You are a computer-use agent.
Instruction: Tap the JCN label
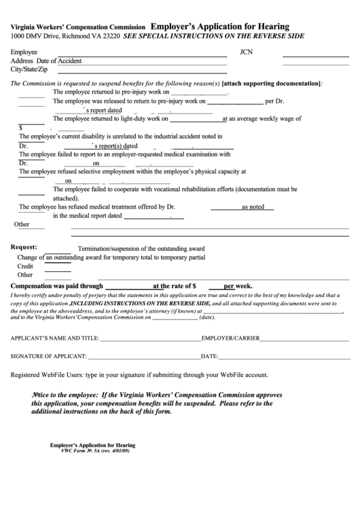[246, 52]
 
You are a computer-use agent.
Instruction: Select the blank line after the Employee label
[142, 54]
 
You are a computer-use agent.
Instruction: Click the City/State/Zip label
[29, 69]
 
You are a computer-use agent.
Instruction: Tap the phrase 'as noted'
[253, 207]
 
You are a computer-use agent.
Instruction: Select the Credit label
[25, 266]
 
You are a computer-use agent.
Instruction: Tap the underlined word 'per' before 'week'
[230, 286]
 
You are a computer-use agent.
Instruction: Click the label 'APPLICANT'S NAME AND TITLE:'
[55, 338]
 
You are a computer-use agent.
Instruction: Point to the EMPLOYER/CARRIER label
[231, 338]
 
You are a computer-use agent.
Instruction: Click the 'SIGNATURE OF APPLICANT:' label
[48, 356]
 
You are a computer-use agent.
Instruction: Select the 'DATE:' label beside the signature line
[209, 356]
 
